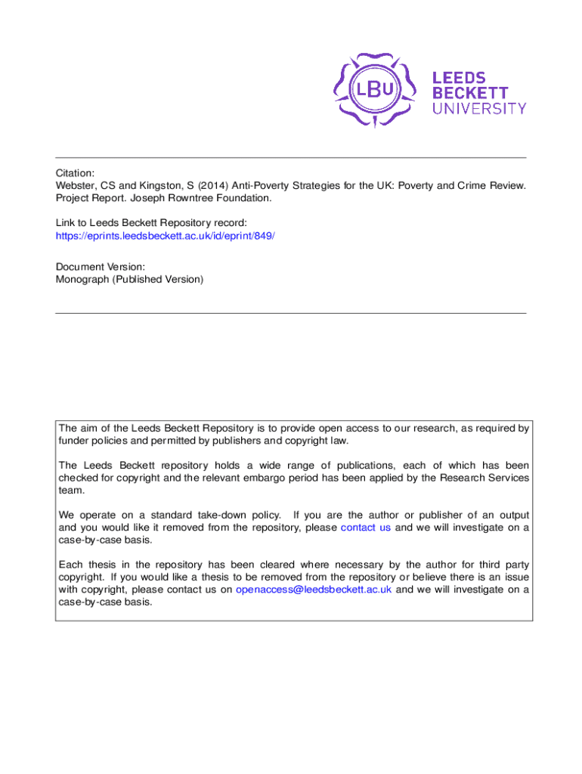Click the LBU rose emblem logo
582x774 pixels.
(376, 90)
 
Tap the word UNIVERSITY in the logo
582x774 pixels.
(479, 108)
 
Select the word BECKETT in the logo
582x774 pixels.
(469, 92)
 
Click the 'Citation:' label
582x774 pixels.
(76, 173)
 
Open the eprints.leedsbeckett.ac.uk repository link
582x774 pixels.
(166, 236)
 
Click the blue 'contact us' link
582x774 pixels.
(366, 528)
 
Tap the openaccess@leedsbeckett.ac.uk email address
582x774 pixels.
(314, 590)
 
